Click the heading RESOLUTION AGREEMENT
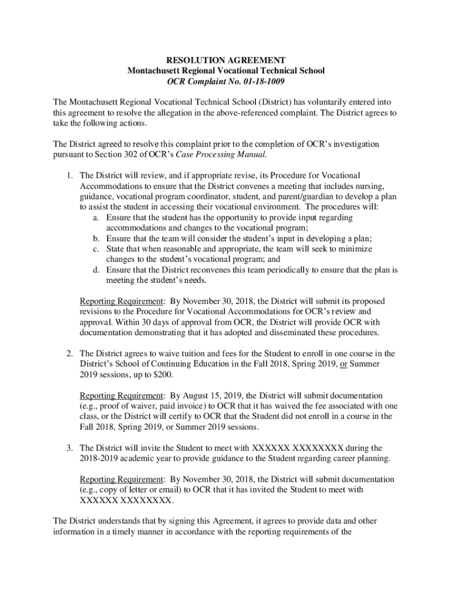(226, 60)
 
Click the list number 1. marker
(69, 175)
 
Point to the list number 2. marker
(69, 353)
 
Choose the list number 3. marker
(69, 448)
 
